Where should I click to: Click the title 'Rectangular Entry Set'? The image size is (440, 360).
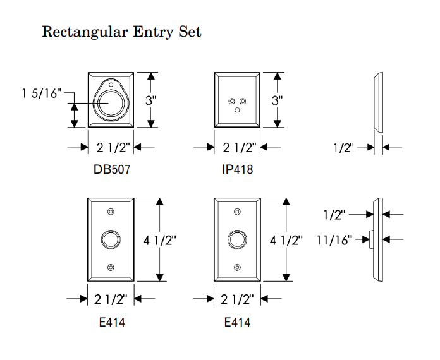pos(121,32)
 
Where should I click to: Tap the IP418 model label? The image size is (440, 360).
pos(237,169)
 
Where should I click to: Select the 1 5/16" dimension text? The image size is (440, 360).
pos(41,94)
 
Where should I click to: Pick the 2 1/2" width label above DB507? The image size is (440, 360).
pos(113,148)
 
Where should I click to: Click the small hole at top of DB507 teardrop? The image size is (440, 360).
pos(111,83)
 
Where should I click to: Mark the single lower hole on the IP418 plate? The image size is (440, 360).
pos(237,110)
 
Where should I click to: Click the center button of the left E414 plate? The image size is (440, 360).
pos(111,239)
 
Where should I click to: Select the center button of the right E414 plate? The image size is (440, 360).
pos(237,239)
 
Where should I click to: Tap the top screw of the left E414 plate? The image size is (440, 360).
pos(111,212)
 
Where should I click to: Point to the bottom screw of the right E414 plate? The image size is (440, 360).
pos(237,268)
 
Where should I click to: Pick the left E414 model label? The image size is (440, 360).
pos(112,322)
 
